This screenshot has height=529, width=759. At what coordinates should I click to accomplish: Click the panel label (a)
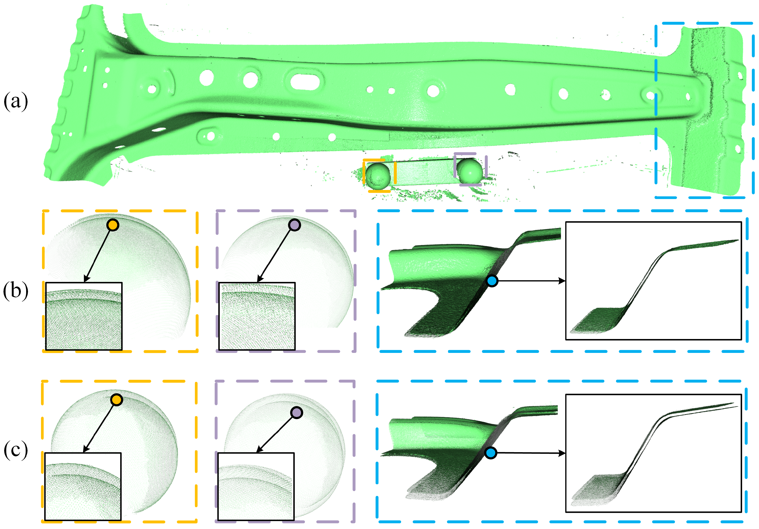click(x=15, y=101)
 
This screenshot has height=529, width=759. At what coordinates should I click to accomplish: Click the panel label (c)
click(x=15, y=450)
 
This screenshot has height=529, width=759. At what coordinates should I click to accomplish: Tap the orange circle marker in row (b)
click(x=113, y=225)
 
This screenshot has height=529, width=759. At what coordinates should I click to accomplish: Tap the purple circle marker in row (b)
click(x=294, y=225)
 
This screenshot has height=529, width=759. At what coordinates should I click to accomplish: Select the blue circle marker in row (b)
click(x=492, y=281)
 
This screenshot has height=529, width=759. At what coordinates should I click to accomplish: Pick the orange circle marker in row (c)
click(x=116, y=400)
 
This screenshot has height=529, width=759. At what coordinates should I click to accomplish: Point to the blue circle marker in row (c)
click(x=491, y=453)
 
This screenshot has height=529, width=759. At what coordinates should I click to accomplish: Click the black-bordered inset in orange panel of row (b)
click(x=84, y=316)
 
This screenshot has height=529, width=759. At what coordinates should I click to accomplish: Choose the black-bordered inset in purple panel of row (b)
click(x=257, y=316)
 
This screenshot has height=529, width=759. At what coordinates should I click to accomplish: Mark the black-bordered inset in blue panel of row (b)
click(x=654, y=281)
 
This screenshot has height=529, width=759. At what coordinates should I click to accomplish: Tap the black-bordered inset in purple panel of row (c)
click(x=256, y=486)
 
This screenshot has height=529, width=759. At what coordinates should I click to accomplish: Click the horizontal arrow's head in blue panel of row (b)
click(x=562, y=281)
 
